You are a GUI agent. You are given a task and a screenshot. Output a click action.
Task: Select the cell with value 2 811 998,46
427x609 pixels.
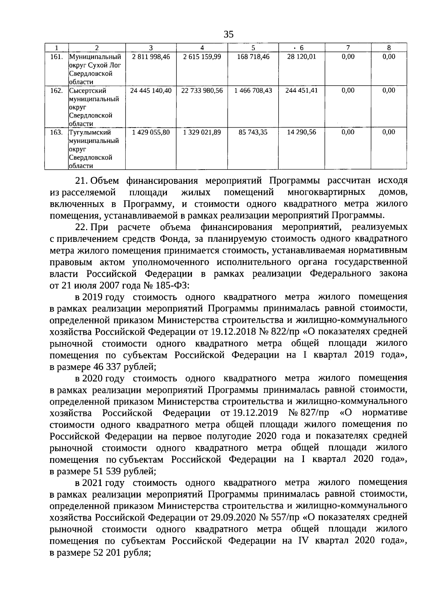point(151,57)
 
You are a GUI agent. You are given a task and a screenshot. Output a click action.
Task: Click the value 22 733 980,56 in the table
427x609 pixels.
point(202,90)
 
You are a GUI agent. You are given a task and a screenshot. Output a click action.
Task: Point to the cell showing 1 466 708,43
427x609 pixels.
point(253,90)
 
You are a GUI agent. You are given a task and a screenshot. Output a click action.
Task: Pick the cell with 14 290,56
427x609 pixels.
point(301,132)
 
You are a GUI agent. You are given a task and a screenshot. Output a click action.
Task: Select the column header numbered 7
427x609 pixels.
point(348,48)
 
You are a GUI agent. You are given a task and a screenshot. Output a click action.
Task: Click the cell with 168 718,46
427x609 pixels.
point(253,57)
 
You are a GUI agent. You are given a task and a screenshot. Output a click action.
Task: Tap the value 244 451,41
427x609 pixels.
point(301,90)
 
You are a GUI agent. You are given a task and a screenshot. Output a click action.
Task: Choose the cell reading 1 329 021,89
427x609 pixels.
point(202,132)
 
